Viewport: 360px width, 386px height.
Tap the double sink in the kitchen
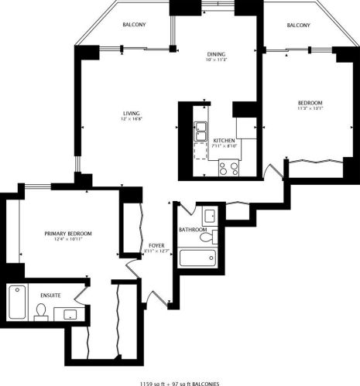(x=200, y=131)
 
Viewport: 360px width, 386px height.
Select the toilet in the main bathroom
(x=207, y=237)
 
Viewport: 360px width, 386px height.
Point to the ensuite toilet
(x=41, y=311)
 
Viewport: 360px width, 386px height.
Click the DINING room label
(x=215, y=54)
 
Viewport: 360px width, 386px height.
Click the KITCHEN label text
(x=225, y=140)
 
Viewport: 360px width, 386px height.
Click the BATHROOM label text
(x=192, y=230)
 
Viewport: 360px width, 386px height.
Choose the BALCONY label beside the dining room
(x=135, y=25)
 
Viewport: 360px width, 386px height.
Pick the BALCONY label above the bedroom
(x=299, y=25)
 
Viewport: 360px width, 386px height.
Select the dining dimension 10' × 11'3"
(x=215, y=61)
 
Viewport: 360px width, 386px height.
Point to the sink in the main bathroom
(x=208, y=216)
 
